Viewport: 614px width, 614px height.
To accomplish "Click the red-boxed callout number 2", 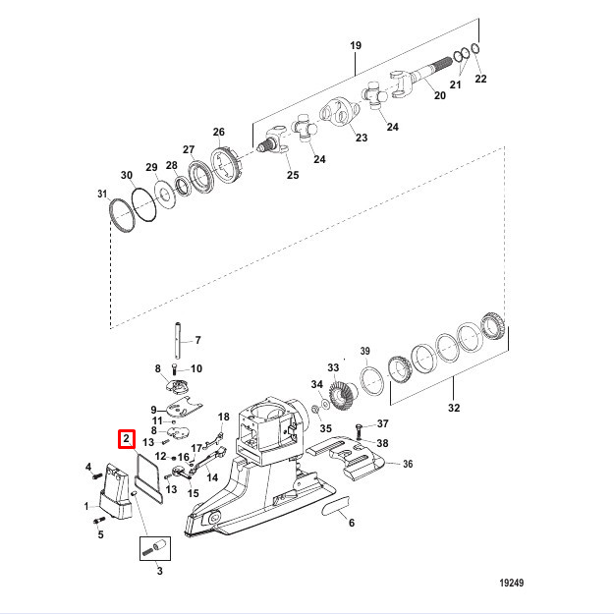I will click(127, 438).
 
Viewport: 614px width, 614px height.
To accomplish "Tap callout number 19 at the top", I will click(356, 46).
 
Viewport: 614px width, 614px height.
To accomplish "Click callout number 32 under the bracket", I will click(453, 406).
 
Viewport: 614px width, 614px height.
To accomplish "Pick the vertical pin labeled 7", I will click(177, 341).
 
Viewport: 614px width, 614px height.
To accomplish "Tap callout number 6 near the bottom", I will click(351, 523).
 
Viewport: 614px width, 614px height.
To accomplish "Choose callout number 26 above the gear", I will click(219, 133).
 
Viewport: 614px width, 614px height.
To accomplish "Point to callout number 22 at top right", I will click(480, 78).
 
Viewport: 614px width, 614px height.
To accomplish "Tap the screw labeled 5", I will click(99, 521).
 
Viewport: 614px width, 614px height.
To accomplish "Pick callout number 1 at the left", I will click(86, 506).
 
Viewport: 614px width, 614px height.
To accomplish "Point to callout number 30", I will click(127, 175).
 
